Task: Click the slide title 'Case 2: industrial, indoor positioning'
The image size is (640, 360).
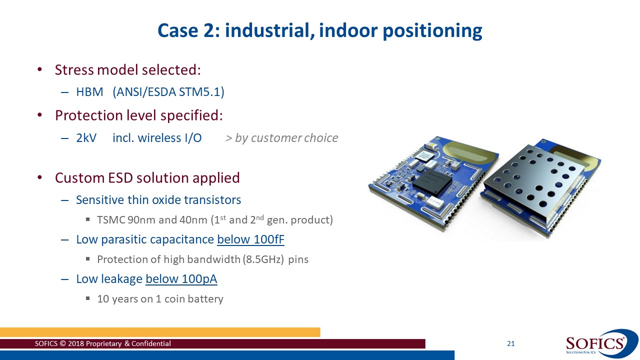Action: pos(320,30)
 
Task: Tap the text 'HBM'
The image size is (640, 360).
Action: pos(89,92)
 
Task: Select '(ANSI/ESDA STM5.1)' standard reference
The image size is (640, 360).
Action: pos(168,92)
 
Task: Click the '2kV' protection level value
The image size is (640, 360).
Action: pos(86,138)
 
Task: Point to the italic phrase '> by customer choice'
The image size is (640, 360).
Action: pos(281,138)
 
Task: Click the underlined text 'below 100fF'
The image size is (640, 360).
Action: pos(250,239)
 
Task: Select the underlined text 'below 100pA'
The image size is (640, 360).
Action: pos(181,279)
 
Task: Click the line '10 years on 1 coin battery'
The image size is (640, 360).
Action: pos(160,299)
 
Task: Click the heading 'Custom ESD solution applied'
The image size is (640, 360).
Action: pos(147,178)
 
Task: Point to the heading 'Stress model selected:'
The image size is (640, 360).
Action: pos(127,69)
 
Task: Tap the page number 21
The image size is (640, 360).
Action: pos(510,343)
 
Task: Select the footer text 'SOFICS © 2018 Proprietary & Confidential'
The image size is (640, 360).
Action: pos(102,343)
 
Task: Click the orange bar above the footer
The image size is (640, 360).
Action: pos(160,332)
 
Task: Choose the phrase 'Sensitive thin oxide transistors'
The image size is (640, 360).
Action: pos(158,200)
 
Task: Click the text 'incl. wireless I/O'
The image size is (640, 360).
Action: pos(157,138)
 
